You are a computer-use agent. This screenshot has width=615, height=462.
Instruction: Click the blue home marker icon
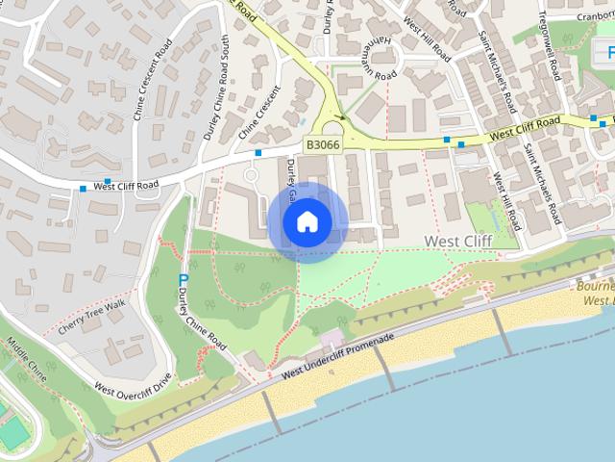307,222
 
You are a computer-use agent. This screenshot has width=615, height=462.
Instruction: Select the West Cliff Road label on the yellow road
525,127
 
